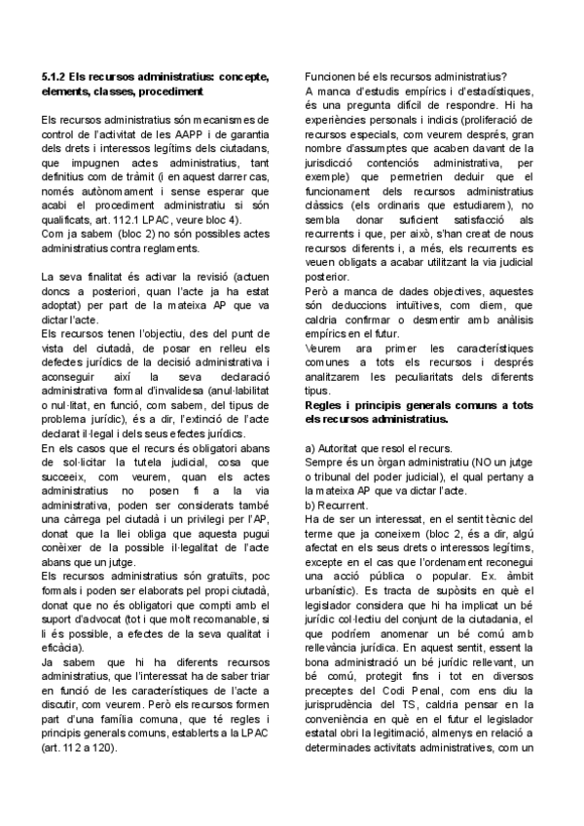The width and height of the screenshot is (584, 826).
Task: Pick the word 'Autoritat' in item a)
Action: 346,447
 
